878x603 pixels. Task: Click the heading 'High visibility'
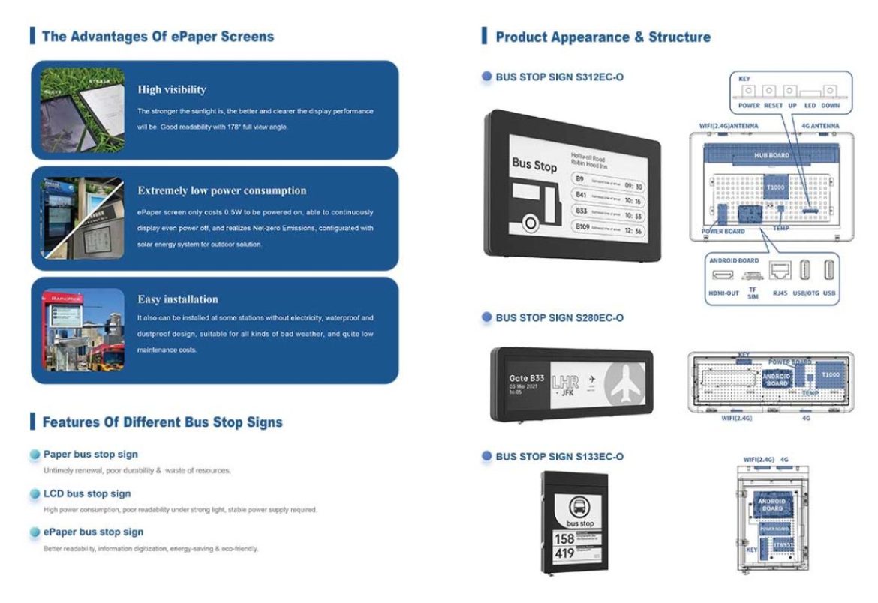[x=172, y=89]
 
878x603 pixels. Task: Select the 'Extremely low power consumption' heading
[x=222, y=190]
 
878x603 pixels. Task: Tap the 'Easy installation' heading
[x=178, y=299]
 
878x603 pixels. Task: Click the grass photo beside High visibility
[x=83, y=110]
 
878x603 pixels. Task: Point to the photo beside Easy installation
[x=83, y=330]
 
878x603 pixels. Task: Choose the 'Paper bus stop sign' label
[x=90, y=454]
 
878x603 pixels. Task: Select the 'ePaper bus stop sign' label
[x=93, y=532]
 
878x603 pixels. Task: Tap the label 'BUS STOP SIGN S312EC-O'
[x=559, y=76]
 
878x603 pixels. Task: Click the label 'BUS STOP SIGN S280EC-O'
[x=559, y=318]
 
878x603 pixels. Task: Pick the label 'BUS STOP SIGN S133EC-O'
[x=559, y=456]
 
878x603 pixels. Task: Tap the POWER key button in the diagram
[x=748, y=91]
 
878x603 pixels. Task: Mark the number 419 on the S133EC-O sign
[x=564, y=554]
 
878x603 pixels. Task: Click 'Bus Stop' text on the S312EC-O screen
[x=534, y=164]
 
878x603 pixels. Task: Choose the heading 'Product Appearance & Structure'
[x=603, y=37]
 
